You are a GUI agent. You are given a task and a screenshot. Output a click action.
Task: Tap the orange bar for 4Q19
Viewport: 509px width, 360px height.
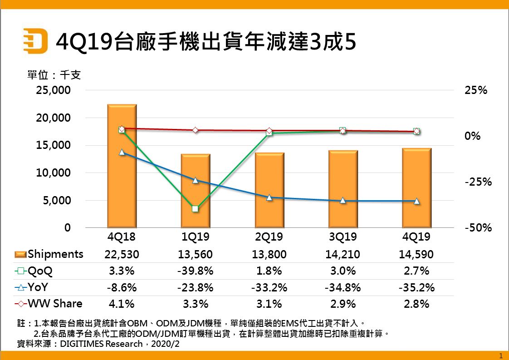pyautogui.click(x=416, y=188)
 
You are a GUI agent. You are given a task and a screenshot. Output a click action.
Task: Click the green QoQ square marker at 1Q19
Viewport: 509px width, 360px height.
pyautogui.click(x=195, y=209)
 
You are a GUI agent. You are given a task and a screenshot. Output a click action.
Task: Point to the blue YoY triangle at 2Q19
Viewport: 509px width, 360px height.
pyautogui.click(x=269, y=197)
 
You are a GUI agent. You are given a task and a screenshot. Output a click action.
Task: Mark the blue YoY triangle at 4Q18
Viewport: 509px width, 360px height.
pyautogui.click(x=122, y=152)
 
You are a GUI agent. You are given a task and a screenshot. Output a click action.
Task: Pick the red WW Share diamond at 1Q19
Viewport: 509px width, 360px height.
pyautogui.click(x=196, y=130)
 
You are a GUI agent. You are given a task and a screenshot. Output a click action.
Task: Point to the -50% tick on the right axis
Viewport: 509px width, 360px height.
pyautogui.click(x=478, y=228)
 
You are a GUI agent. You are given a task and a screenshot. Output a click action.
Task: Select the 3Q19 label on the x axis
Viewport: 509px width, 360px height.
pyautogui.click(x=343, y=237)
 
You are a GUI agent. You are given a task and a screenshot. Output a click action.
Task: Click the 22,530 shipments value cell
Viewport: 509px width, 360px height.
pyautogui.click(x=122, y=255)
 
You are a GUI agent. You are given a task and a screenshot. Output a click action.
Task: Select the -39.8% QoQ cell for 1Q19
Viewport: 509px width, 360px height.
pyautogui.click(x=196, y=271)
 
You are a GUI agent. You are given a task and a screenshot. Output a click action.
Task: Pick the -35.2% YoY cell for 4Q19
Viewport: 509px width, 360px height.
pyautogui.click(x=416, y=287)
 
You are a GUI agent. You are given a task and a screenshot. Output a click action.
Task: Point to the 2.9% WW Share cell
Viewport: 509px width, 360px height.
pyautogui.click(x=343, y=304)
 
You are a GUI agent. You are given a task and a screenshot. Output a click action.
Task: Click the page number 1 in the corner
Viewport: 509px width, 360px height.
pyautogui.click(x=500, y=355)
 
